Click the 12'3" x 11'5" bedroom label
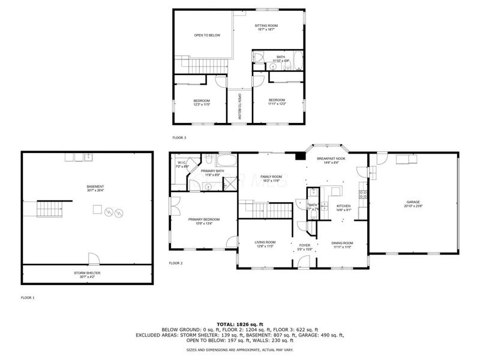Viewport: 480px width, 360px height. click(x=202, y=102)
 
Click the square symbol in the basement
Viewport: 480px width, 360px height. click(x=95, y=209)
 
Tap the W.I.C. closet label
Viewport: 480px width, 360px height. click(x=182, y=165)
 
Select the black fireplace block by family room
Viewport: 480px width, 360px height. click(x=298, y=157)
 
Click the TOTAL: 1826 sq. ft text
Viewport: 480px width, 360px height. click(x=240, y=324)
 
